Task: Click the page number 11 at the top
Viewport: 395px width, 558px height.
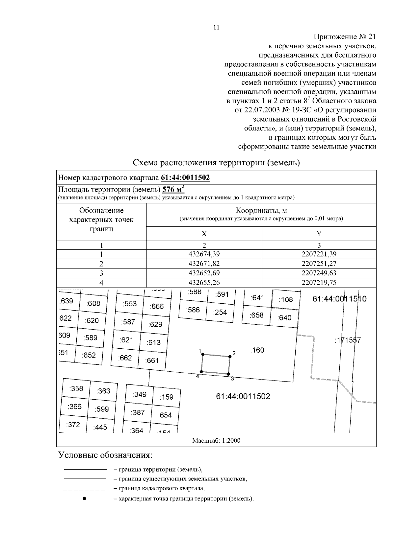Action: coord(216,27)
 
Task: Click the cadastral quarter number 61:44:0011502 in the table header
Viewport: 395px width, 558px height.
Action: coord(185,178)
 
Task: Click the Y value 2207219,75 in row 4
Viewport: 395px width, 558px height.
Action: coord(319,282)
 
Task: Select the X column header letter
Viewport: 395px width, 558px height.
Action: coord(204,234)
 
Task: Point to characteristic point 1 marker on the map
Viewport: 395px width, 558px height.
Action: coord(203,354)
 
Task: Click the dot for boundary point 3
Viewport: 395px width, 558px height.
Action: coord(228,374)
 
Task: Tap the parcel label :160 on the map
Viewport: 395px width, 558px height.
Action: coord(257,350)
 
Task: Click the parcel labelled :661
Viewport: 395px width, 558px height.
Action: coord(152,360)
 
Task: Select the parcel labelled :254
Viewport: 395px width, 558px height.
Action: coord(220,312)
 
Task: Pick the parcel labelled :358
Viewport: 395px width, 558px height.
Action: coord(76,389)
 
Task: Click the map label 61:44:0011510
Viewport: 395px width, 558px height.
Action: coord(339,299)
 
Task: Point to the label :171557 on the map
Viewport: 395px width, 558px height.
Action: coord(347,340)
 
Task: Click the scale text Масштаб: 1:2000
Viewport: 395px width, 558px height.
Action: coord(216,440)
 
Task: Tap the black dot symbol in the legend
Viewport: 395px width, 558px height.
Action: coord(84,499)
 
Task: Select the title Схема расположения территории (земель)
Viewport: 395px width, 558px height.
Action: coord(216,163)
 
